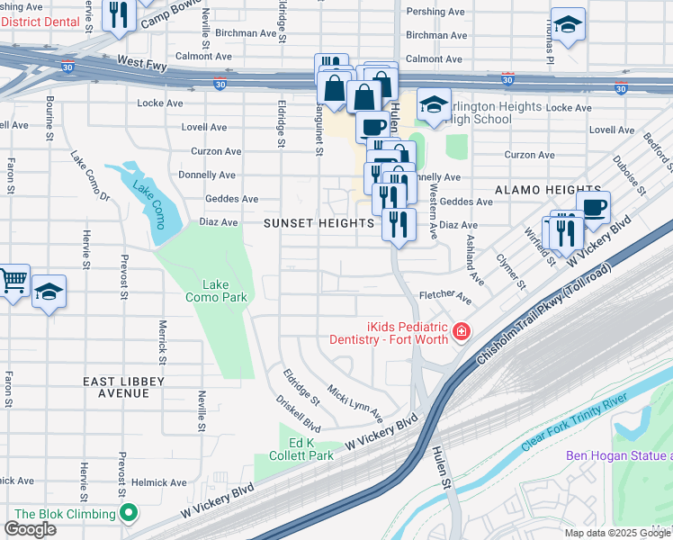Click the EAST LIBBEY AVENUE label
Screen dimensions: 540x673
(x=123, y=387)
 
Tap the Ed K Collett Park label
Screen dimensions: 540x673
(x=299, y=449)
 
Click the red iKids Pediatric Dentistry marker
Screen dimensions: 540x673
(x=462, y=332)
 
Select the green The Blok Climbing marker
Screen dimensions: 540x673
(x=128, y=514)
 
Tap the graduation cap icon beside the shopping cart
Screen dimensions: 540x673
(x=49, y=292)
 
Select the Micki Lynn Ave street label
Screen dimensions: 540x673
(x=354, y=404)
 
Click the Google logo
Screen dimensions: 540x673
(x=30, y=529)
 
